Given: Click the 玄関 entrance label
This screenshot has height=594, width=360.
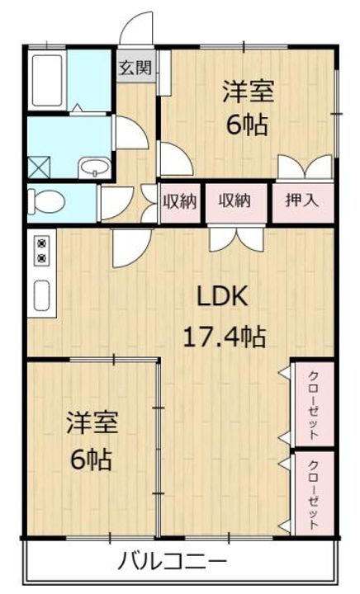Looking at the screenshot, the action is [x=135, y=68].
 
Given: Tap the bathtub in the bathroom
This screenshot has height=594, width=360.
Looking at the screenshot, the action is [x=47, y=80].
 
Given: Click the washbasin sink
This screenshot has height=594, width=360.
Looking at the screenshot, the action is [x=94, y=167].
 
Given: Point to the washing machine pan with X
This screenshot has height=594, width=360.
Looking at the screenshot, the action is [x=39, y=167].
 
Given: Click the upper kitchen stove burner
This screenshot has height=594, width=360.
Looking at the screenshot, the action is [x=41, y=243].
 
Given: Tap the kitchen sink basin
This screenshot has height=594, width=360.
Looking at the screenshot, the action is [x=41, y=295].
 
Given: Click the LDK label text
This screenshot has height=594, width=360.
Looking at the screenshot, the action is [x=222, y=297].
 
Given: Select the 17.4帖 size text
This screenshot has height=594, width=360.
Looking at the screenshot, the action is [x=224, y=337].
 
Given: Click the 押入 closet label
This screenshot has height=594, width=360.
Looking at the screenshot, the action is [x=302, y=200].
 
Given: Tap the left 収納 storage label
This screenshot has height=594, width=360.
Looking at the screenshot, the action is [x=180, y=201].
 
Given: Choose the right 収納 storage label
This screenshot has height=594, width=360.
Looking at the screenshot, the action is [x=234, y=200].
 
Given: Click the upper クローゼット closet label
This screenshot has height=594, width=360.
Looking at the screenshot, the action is [x=313, y=405].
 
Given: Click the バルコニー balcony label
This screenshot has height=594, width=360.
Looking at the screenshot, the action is [x=172, y=562].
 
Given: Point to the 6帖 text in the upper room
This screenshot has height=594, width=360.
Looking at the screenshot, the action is [x=247, y=125].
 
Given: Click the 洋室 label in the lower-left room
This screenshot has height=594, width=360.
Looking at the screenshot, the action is [x=92, y=422].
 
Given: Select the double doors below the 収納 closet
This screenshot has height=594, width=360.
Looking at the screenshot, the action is [x=237, y=238].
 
